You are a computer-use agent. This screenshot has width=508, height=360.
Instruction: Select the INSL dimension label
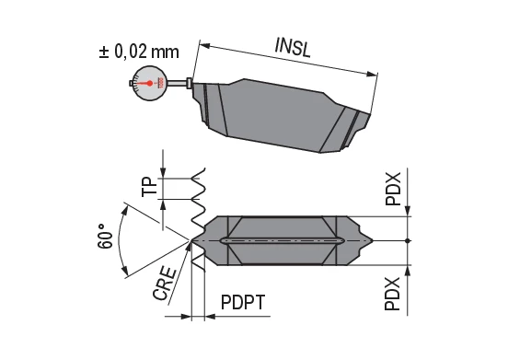click(x=292, y=47)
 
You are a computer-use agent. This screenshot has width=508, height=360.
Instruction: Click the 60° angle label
click(x=107, y=236)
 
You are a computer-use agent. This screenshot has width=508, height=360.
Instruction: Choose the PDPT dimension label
click(x=245, y=304)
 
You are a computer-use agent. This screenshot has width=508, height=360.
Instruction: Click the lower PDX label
click(x=393, y=294)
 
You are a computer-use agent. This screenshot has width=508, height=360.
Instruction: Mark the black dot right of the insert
click(x=409, y=241)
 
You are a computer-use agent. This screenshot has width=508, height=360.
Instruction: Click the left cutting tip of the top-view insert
click(x=194, y=241)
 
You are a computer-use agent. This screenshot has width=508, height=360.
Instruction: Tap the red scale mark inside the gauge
click(x=159, y=83)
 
